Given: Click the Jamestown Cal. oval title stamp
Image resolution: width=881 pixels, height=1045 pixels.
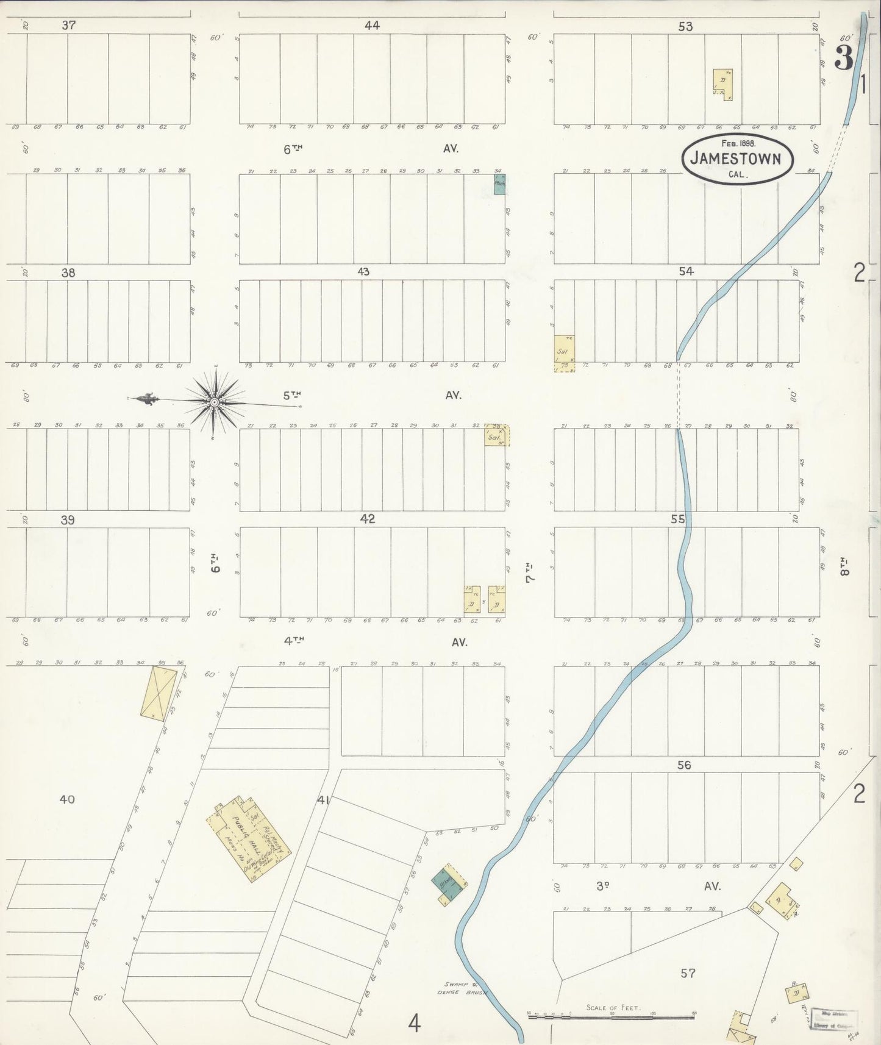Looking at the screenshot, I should pyautogui.click(x=738, y=159).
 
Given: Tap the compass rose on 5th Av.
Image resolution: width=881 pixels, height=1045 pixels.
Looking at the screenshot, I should pyautogui.click(x=215, y=402).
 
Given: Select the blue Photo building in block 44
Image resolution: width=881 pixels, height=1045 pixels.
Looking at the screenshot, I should pyautogui.click(x=499, y=184).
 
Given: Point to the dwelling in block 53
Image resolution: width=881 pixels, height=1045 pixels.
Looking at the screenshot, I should pyautogui.click(x=723, y=84).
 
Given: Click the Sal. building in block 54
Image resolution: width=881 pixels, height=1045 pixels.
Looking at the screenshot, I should pyautogui.click(x=564, y=352).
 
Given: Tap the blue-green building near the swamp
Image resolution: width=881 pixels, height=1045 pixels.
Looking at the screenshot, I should pyautogui.click(x=448, y=885).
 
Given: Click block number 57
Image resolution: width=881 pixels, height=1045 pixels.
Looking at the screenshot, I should pyautogui.click(x=688, y=974).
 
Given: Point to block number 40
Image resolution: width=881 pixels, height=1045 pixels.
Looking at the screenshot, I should pyautogui.click(x=67, y=799).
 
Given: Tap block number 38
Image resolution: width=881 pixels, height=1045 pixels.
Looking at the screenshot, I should pyautogui.click(x=68, y=273).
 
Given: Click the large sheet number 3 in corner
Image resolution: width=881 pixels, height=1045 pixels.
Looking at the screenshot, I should pyautogui.click(x=843, y=59).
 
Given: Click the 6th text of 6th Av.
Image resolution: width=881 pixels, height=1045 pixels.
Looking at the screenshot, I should pyautogui.click(x=293, y=148).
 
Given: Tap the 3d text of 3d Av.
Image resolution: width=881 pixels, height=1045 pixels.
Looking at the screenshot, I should pyautogui.click(x=602, y=886).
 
